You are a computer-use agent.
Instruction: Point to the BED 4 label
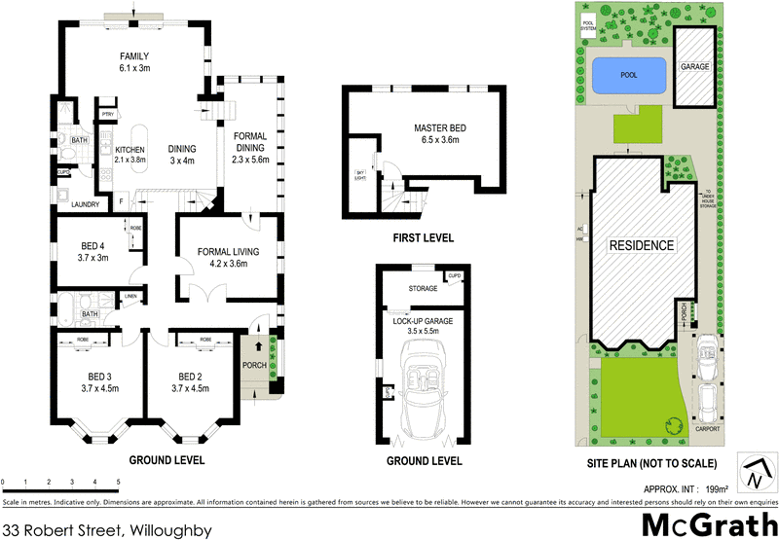(94, 251)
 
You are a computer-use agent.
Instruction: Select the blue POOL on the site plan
(628, 73)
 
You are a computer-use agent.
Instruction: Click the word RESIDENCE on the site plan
(642, 245)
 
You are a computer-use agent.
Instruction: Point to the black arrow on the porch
(259, 345)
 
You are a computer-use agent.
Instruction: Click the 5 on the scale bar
(119, 482)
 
